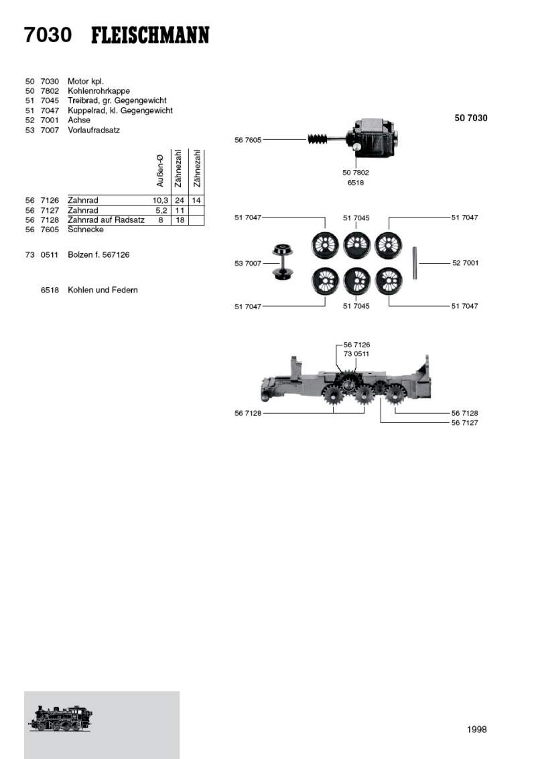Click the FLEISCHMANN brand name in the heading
[150, 35]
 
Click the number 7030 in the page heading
[48, 35]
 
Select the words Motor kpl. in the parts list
[86, 82]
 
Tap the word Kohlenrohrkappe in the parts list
[99, 91]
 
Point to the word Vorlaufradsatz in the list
[94, 131]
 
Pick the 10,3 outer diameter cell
[160, 200]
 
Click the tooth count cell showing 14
[196, 200]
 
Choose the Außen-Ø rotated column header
[160, 171]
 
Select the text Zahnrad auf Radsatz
[106, 220]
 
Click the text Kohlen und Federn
[103, 290]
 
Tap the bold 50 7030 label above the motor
[471, 118]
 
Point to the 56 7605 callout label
[248, 140]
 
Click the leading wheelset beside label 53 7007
[281, 262]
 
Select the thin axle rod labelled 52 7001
[415, 263]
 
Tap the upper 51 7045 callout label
[356, 218]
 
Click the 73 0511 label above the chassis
[356, 354]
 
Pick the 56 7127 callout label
[465, 422]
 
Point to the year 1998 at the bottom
[477, 730]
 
